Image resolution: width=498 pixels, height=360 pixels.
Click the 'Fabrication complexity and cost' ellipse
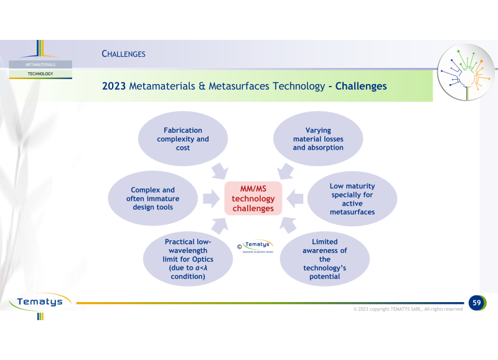point(183,138)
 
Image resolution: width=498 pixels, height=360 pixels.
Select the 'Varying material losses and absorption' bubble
point(318,138)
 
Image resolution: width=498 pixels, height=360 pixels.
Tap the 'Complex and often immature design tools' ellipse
point(153,198)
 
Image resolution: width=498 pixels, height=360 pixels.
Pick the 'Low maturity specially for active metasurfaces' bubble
point(352,199)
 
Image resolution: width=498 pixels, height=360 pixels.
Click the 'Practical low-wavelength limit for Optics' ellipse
point(188,258)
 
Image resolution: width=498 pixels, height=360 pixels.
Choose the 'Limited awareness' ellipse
point(324,258)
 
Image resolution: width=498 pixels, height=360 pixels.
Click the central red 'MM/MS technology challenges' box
point(253,198)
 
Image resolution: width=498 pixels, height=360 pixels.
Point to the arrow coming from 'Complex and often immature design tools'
point(211,199)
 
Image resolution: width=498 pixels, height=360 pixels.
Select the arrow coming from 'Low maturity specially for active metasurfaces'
point(294,199)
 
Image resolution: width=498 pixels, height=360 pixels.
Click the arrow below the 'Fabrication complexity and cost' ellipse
point(220,171)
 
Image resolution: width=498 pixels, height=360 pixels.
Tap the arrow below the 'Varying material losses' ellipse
point(285,171)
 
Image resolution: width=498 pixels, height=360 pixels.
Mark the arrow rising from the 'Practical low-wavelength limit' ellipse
point(220,225)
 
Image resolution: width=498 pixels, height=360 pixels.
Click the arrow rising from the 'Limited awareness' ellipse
point(288,225)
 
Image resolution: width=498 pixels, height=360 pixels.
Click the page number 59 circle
point(477,303)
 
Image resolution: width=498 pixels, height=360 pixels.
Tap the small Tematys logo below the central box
point(256,246)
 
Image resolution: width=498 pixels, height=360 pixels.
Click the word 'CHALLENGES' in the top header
point(123,54)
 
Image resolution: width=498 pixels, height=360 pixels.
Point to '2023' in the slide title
point(114,86)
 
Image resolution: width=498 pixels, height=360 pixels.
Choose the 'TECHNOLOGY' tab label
point(40,73)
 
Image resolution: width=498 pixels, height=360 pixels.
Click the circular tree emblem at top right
point(466,72)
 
